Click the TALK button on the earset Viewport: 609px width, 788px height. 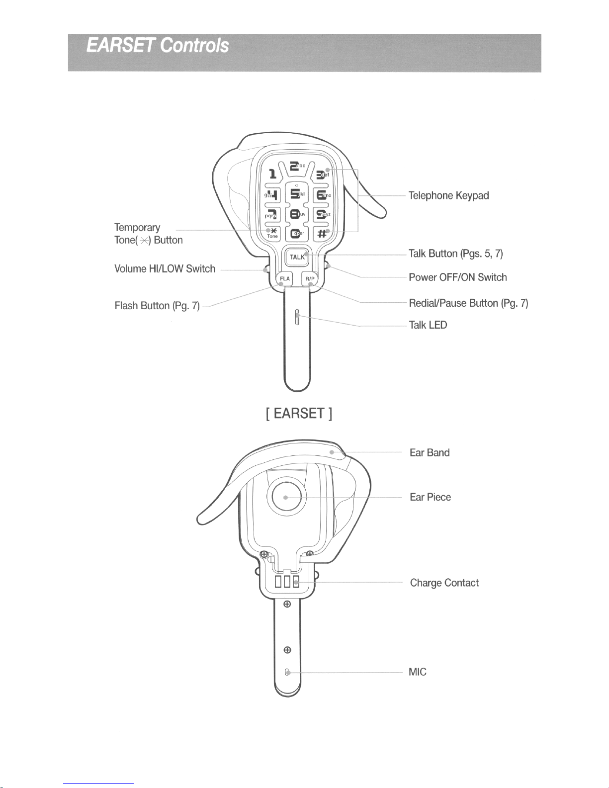point(297,257)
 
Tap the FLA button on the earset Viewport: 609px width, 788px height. point(285,279)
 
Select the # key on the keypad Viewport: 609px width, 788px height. point(322,234)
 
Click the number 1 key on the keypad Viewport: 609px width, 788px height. point(272,174)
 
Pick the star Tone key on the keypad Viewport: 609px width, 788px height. point(272,233)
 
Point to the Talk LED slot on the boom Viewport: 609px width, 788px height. point(297,317)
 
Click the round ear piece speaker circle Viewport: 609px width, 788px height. point(286,497)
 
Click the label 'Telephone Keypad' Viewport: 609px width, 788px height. point(448,196)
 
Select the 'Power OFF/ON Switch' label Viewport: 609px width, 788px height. point(457,277)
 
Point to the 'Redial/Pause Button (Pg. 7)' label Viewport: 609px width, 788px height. point(468,303)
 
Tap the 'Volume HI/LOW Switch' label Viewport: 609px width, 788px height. point(165,269)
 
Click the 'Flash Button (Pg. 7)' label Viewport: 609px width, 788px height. point(157,306)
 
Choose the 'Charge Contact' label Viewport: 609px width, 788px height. point(444,583)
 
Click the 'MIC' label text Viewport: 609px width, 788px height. point(417,672)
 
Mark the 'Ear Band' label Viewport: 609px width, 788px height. point(429,453)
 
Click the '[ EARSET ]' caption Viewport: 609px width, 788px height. point(299,413)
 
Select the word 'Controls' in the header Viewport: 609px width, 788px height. point(195,46)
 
